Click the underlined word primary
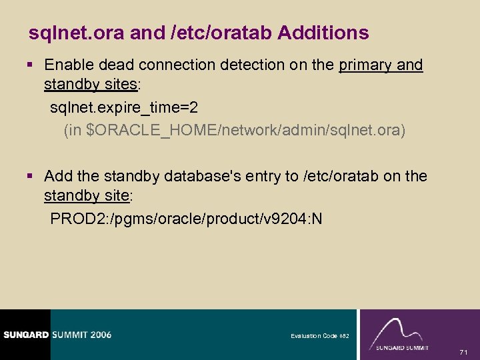tap(365, 65)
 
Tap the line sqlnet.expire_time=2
tap(124, 107)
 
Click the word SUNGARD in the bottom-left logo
tap(24, 335)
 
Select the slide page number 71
tap(465, 351)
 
